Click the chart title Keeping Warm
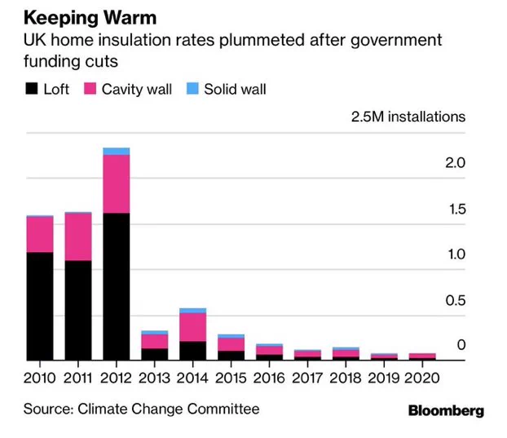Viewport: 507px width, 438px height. (90, 17)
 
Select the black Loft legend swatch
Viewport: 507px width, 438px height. (31, 89)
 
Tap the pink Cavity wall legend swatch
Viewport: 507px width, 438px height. (90, 89)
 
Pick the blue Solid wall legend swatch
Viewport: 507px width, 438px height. (192, 89)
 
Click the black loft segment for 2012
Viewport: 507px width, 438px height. (117, 286)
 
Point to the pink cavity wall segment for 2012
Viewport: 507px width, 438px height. (117, 184)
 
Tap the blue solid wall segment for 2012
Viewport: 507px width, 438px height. (117, 152)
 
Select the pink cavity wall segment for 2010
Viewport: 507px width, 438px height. (40, 235)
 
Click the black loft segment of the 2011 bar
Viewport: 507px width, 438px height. (78, 310)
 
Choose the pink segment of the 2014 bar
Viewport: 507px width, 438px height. (192, 327)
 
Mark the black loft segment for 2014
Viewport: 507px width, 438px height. (192, 351)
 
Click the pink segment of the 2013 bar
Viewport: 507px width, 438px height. (155, 342)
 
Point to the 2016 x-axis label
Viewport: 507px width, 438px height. (269, 378)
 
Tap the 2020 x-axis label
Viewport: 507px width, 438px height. (422, 378)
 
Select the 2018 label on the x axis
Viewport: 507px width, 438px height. (346, 378)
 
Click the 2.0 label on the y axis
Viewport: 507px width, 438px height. (456, 162)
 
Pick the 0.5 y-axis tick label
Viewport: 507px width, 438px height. (456, 300)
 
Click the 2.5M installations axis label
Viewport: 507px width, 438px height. (408, 117)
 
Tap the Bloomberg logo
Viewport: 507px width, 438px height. (446, 411)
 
